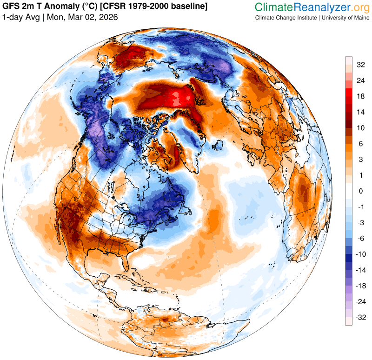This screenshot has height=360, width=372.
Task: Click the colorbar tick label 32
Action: click(x=361, y=65)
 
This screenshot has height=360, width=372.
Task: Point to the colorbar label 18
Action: click(x=361, y=96)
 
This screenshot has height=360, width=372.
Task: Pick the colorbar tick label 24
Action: click(x=361, y=80)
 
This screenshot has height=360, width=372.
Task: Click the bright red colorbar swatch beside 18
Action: click(x=348, y=96)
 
